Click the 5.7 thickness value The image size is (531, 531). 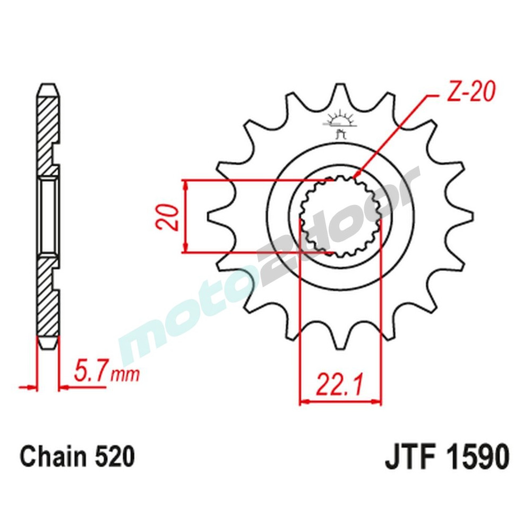[91, 372]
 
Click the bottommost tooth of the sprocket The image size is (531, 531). [340, 340]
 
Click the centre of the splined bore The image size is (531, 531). [340, 217]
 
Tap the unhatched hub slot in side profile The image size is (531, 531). [48, 217]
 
